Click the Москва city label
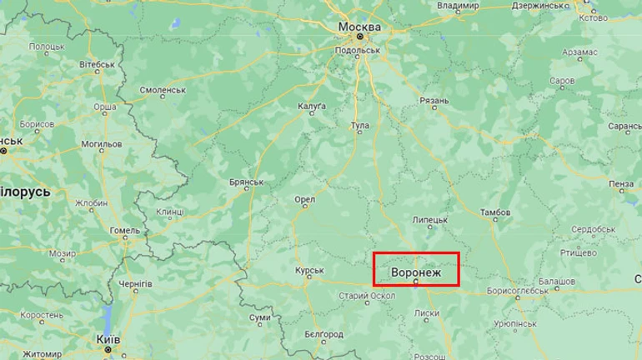(360, 27)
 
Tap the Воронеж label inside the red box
(414, 272)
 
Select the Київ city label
(108, 340)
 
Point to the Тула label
(359, 126)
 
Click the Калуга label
(312, 107)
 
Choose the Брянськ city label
(246, 182)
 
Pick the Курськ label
(309, 271)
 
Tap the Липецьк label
(430, 219)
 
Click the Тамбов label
(495, 212)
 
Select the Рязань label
(434, 101)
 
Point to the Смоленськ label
(163, 89)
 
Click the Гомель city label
(124, 230)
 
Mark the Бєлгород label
(324, 334)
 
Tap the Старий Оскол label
(366, 296)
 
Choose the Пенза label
(621, 183)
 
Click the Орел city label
(304, 200)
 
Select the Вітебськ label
(97, 64)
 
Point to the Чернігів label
(135, 284)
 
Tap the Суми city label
(260, 317)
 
